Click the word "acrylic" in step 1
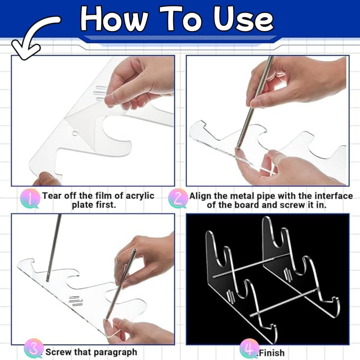pos(140,196)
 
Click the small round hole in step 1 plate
pos(75,133)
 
